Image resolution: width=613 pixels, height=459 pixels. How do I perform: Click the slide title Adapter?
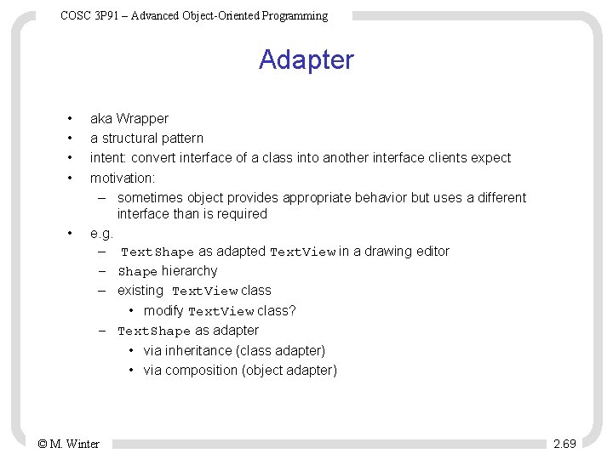306,60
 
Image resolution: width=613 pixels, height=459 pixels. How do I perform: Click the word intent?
108,157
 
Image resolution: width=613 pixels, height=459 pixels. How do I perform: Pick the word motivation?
122,178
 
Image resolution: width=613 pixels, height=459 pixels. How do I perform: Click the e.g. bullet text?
101,232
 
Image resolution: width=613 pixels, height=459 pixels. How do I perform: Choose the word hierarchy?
190,271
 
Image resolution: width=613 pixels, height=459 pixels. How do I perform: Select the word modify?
163,310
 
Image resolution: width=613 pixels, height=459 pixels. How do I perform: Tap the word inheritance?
203,350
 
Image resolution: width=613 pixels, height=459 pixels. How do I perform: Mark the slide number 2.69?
564,444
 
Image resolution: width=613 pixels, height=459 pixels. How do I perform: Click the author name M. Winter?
75,444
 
